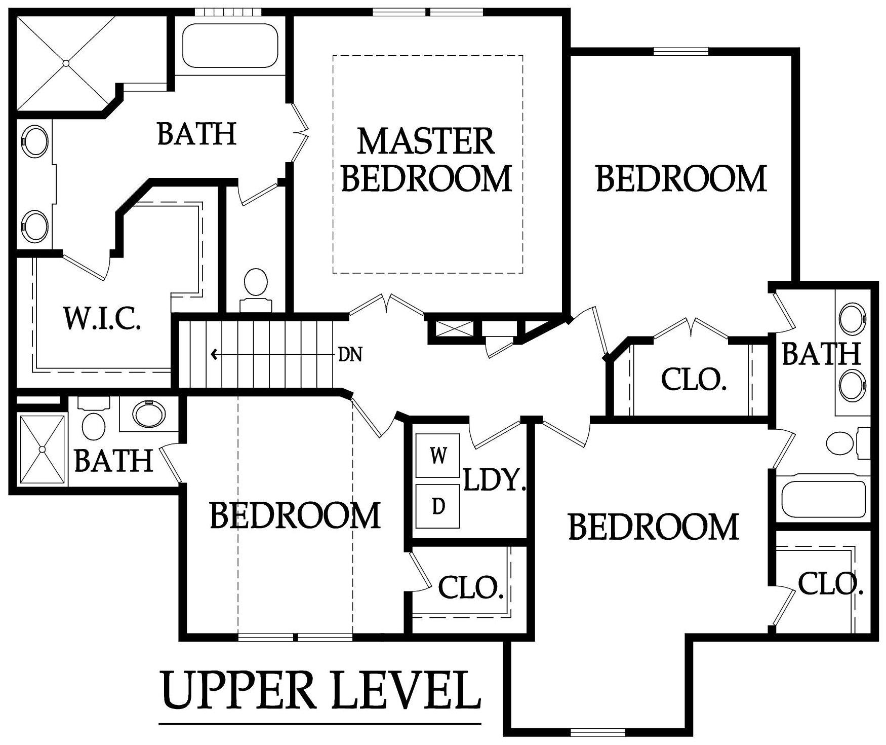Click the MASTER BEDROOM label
(427, 160)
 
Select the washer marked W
(438, 456)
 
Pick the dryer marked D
(438, 506)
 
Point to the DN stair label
(350, 355)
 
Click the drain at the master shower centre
(66, 63)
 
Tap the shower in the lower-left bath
(43, 450)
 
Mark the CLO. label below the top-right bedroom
(694, 379)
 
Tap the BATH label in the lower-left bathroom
(113, 460)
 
